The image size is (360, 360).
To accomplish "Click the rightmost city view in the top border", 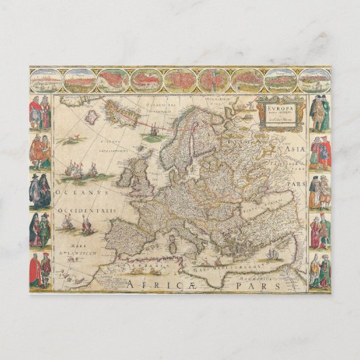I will pyautogui.click(x=313, y=80).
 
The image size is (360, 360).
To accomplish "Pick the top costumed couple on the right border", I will pyautogui.click(x=319, y=113).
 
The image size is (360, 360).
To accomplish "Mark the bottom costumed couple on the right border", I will pyautogui.click(x=319, y=270).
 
